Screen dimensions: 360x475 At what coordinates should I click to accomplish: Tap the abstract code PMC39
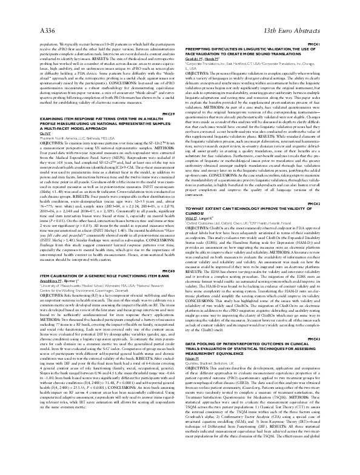(x=169, y=96)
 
